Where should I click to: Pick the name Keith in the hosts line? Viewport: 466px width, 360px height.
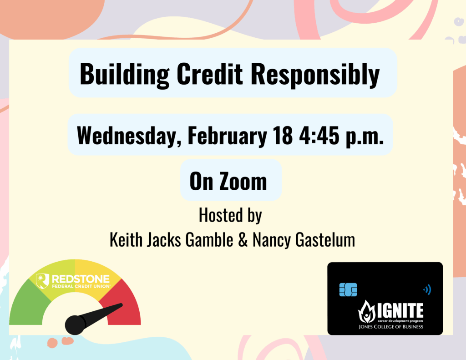[125, 240]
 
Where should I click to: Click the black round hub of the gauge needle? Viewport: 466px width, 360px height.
[76, 324]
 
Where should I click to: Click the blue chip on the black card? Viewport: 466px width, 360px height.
[348, 289]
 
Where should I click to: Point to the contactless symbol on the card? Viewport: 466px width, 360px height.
[427, 289]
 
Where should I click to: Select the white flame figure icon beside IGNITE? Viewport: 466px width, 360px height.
[367, 312]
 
